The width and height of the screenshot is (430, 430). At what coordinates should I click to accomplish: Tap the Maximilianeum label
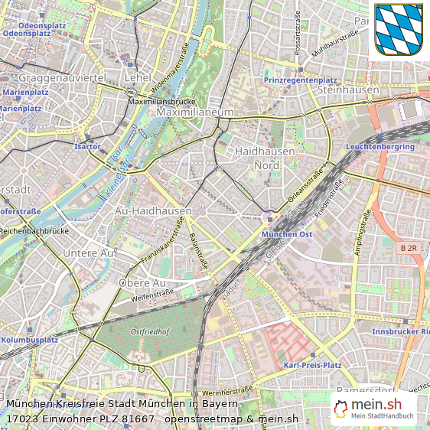point(194,112)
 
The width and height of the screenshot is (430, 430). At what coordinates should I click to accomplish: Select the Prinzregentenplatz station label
point(300,80)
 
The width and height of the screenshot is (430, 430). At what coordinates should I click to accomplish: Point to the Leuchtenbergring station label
point(380,146)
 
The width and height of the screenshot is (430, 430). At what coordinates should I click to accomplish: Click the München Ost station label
point(287,234)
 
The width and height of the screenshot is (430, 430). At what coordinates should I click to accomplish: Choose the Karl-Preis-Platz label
point(312,365)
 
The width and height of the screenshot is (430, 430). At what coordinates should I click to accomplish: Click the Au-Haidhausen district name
point(153,210)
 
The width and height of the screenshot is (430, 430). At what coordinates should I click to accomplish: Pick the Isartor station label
point(87,145)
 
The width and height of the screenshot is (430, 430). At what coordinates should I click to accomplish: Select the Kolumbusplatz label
point(30,340)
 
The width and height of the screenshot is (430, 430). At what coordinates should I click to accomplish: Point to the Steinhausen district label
point(348,90)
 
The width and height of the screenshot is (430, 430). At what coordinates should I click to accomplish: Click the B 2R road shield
point(409,249)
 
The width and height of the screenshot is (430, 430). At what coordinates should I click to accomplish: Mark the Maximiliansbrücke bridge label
point(162,101)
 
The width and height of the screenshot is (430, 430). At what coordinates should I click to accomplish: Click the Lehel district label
point(138,78)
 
